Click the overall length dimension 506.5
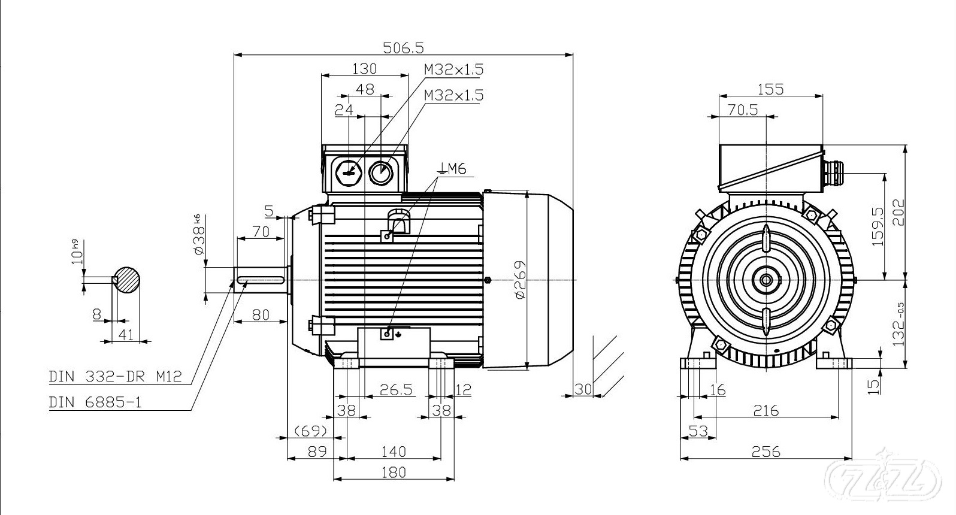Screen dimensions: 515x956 [x=403, y=47]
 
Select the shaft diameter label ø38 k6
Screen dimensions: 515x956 [x=199, y=235]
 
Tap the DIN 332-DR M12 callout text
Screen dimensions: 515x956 [x=114, y=377]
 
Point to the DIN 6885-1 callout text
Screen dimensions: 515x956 [x=95, y=402]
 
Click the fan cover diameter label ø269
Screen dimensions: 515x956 [x=519, y=280]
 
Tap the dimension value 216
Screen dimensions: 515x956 [x=766, y=410]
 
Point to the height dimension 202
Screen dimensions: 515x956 [x=897, y=211]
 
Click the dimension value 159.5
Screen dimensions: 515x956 [x=878, y=226]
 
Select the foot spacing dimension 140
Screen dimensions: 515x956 [x=393, y=451]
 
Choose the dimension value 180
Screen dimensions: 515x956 [x=393, y=472]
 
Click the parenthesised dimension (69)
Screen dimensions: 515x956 [x=310, y=431]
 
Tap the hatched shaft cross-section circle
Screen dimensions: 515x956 [x=128, y=280]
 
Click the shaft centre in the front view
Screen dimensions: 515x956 [x=766, y=280]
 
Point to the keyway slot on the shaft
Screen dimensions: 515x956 [x=261, y=280]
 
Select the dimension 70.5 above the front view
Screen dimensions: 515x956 [x=742, y=110]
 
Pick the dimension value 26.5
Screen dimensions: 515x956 [x=396, y=390]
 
